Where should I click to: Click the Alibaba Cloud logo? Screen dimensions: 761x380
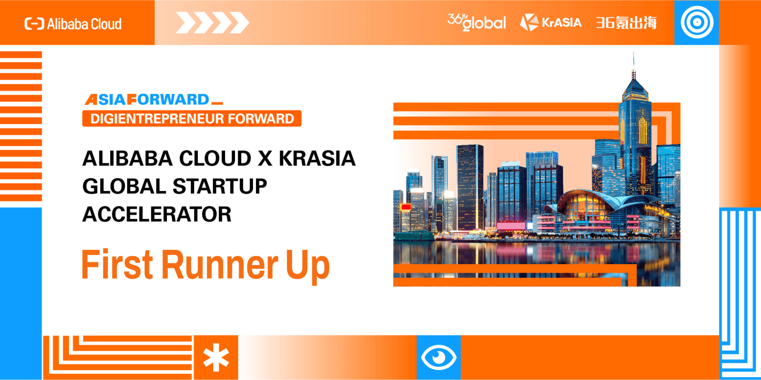pyautogui.click(x=73, y=24)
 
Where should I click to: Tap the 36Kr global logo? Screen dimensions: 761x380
pyautogui.click(x=477, y=22)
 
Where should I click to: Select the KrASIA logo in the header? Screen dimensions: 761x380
pyautogui.click(x=551, y=22)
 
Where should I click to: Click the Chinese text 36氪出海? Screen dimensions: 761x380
pyautogui.click(x=626, y=23)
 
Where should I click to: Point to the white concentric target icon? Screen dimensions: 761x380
pyautogui.click(x=697, y=22)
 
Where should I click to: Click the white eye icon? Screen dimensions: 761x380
pyautogui.click(x=439, y=357)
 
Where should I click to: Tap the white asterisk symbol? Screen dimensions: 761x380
pyautogui.click(x=216, y=357)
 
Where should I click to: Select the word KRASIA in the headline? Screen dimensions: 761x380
pyautogui.click(x=317, y=159)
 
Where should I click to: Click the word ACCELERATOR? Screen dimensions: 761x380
pyautogui.click(x=157, y=214)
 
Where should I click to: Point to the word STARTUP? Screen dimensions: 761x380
pyautogui.click(x=220, y=186)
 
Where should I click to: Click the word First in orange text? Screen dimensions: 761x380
pyautogui.click(x=117, y=265)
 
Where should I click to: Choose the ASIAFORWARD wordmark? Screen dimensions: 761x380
pyautogui.click(x=154, y=99)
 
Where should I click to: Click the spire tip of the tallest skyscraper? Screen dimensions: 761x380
pyautogui.click(x=633, y=52)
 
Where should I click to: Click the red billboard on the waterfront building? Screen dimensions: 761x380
pyautogui.click(x=406, y=207)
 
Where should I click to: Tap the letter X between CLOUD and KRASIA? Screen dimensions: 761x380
pyautogui.click(x=265, y=159)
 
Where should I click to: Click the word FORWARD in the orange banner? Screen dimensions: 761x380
pyautogui.click(x=261, y=119)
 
